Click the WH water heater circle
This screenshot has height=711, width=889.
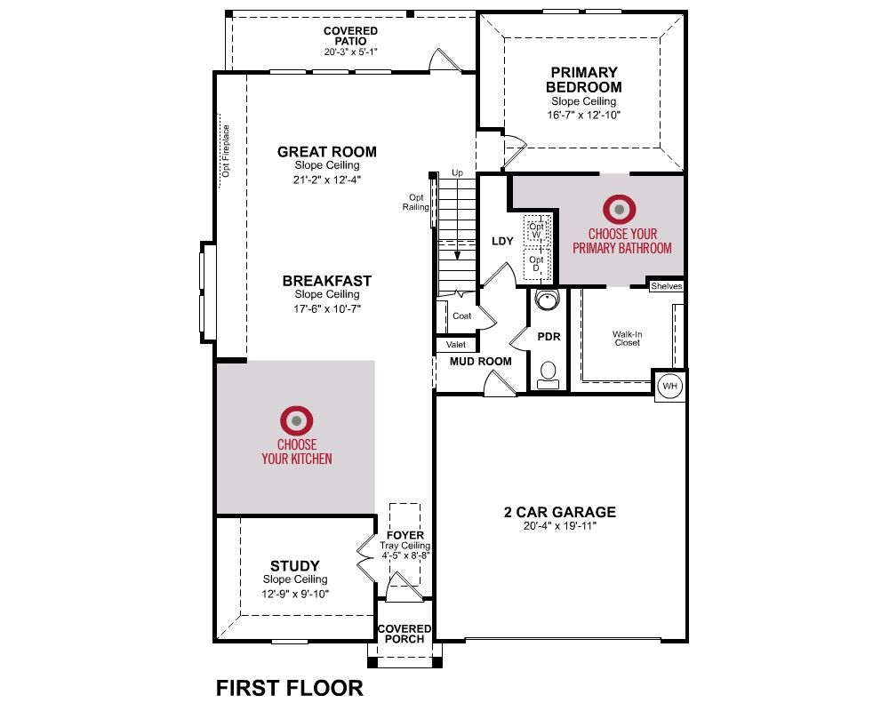point(669,386)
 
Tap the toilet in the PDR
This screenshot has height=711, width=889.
point(548,375)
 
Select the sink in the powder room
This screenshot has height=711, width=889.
point(547,299)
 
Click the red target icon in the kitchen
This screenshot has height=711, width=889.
point(297,420)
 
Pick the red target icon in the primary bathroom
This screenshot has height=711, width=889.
point(619,209)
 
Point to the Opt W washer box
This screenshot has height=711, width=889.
point(536,229)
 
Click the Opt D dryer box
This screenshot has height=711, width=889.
point(536,264)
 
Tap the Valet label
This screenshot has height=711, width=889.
point(456,344)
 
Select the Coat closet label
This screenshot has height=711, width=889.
point(461,316)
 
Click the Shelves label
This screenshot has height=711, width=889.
point(666,286)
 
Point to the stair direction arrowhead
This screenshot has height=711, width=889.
point(457,256)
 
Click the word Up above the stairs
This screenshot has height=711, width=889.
point(457,172)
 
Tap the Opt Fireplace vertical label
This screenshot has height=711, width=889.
point(226,151)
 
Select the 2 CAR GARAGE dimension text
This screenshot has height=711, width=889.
point(559,526)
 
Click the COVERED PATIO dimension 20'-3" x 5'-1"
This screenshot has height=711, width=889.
point(350,52)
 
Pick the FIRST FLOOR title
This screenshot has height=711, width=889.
point(289,688)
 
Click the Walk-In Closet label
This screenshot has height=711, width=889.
point(627,339)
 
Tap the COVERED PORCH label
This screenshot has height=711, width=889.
point(404,634)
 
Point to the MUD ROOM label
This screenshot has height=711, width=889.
point(480,361)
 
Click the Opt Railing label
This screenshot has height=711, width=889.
point(415,203)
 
